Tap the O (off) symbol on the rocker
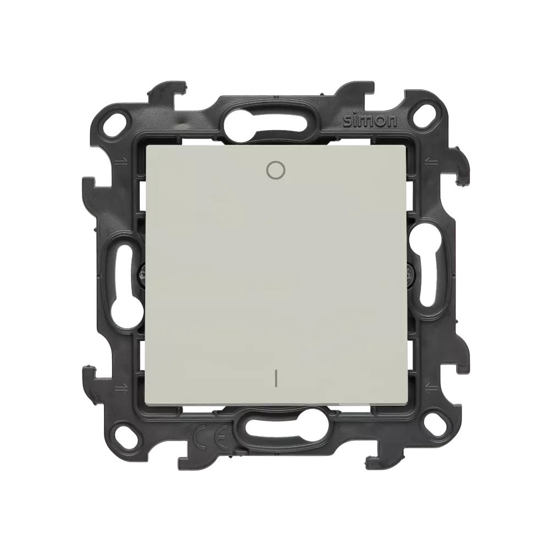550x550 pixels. coord(276,170)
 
